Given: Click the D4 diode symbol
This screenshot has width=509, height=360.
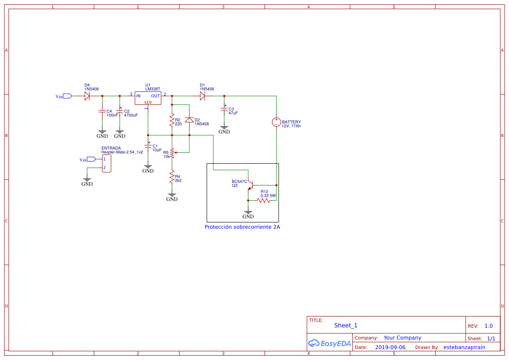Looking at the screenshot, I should point(87,96).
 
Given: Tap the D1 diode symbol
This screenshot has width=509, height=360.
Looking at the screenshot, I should point(202,96).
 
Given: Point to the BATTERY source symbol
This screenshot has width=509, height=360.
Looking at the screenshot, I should point(276,122).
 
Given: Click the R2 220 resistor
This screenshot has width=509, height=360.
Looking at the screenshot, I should point(172,120).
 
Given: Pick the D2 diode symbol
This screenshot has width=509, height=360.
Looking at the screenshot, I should point(189,120).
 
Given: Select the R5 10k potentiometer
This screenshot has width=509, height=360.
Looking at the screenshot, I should point(172,153).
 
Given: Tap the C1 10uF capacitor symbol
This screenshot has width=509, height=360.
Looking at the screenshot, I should point(148,148).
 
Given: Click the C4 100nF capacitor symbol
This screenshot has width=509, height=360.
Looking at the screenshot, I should point(102,111).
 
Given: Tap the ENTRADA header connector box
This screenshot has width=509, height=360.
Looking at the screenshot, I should point(106,163).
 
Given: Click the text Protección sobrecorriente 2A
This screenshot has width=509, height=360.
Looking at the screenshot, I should point(242,227).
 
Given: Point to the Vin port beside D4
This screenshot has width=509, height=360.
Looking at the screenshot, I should point(67,96).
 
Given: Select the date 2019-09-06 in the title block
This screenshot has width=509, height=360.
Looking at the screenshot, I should point(390,347).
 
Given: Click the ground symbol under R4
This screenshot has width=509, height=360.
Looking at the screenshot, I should point(172,197).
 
